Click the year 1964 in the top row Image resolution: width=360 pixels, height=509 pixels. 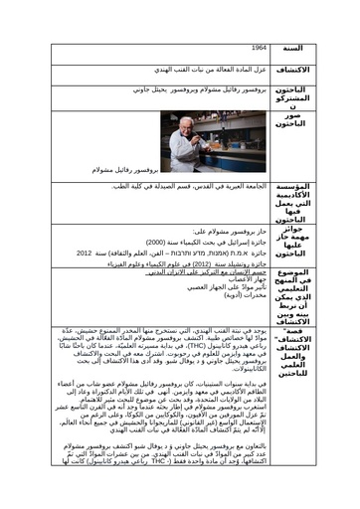coord(261,48)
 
